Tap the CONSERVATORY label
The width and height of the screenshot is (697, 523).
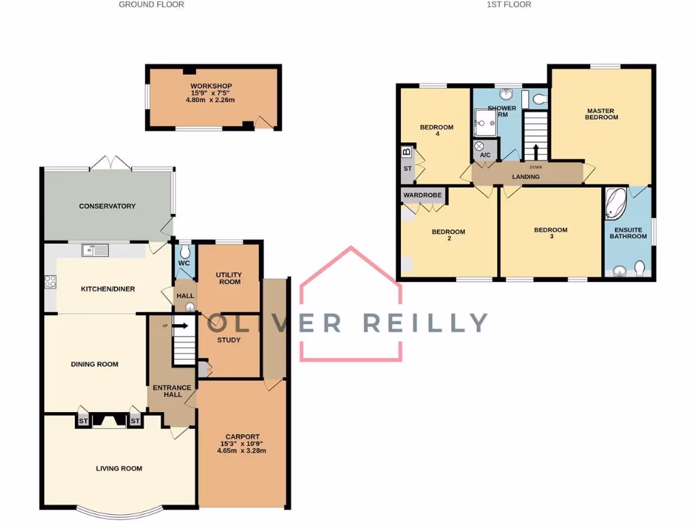[107, 206]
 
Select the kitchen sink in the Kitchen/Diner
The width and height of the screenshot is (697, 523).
[95, 251]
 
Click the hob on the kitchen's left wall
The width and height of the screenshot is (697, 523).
[50, 281]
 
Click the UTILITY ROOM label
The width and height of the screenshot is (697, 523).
[229, 279]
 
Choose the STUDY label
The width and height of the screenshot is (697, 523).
[229, 340]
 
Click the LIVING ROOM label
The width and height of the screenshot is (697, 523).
[118, 468]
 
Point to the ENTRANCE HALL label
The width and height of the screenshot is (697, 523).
[172, 392]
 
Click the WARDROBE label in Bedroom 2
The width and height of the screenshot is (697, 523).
[423, 195]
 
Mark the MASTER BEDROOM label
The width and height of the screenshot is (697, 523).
[601, 114]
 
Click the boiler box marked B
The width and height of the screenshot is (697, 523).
[407, 152]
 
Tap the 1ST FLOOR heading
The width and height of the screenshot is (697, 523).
[509, 4]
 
